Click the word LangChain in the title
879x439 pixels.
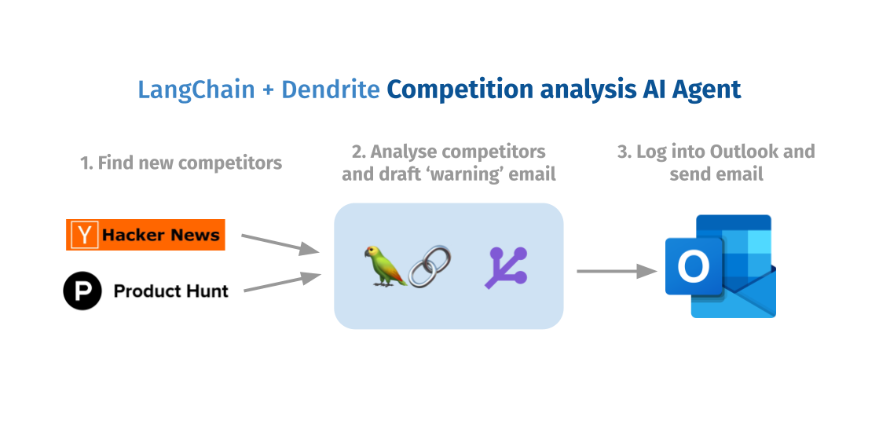pos(196,90)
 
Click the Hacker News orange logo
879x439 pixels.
pos(146,235)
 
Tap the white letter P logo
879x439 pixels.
pos(82,292)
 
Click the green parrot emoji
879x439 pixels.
pos(383,265)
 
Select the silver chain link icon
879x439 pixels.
pos(430,266)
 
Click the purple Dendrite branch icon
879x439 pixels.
pos(507,268)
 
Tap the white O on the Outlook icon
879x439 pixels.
pos(693,267)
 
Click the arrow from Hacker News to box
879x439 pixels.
pos(280,243)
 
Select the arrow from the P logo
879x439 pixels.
pos(281,283)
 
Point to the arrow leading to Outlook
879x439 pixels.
pos(617,271)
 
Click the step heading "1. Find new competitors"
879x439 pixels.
pos(181,163)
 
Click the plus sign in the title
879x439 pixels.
pos(268,90)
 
